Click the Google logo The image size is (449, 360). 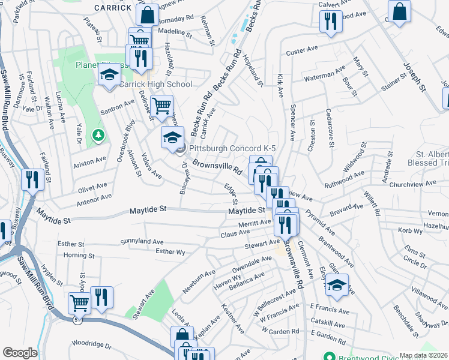click(20, 353)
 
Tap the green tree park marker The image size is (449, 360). click(98, 136)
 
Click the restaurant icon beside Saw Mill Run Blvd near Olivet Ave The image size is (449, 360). click(31, 179)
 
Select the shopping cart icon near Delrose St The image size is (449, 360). click(161, 106)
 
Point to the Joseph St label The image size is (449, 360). click(414, 77)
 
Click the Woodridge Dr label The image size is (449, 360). click(92, 346)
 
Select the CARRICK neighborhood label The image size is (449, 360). click(112, 8)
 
